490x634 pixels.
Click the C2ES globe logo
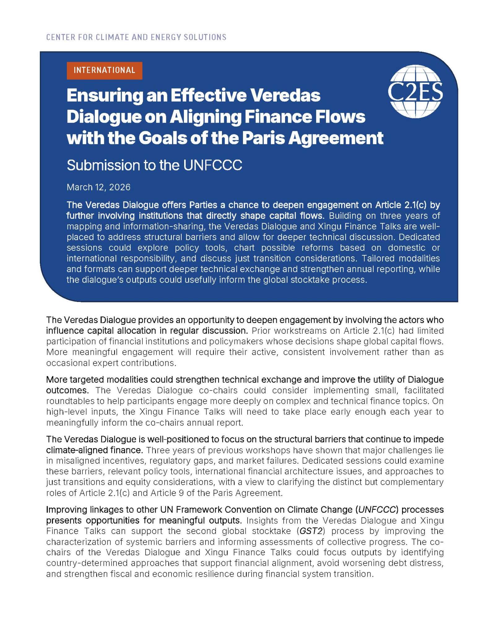[x=415, y=91]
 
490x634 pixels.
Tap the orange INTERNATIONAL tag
[x=104, y=70]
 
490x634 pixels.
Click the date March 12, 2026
[x=98, y=187]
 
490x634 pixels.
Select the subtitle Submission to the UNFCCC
[x=154, y=165]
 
